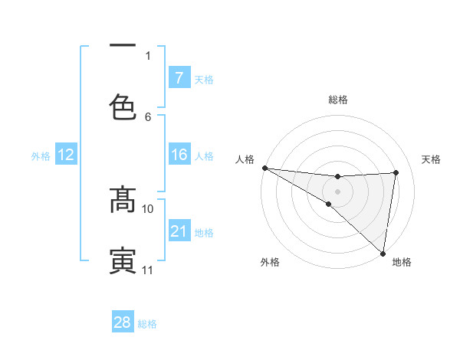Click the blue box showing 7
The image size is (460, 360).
[179, 78]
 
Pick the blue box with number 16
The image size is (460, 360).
[179, 155]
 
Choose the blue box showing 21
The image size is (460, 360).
[179, 231]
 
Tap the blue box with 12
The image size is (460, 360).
[66, 155]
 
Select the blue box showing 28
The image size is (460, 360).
[122, 322]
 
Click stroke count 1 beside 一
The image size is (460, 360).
[148, 55]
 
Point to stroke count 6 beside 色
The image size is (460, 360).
[148, 116]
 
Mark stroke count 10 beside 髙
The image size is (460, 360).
[148, 208]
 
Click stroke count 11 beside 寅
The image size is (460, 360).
[148, 270]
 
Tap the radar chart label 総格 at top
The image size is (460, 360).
[338, 100]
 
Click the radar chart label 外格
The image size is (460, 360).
[270, 262]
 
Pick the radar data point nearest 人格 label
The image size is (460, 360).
[264, 168]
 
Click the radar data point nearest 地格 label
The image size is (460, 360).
[383, 253]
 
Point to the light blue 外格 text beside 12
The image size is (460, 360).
[41, 156]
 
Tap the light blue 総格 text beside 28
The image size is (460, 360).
[147, 324]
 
